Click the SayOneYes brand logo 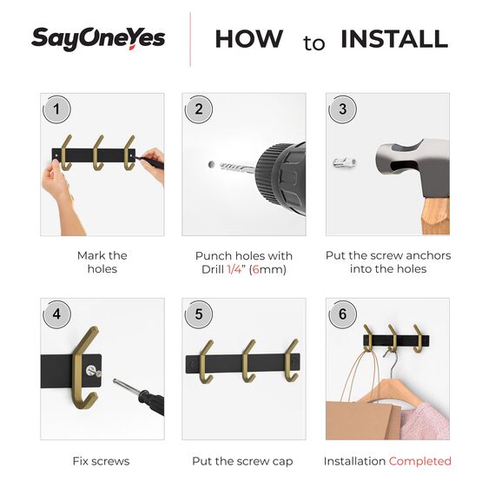pos(98,39)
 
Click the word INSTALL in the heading pos(394,39)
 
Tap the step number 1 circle pos(56,109)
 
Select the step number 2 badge pos(199,109)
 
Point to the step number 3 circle pos(342,109)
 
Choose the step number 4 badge pos(56,314)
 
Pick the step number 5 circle pos(199,314)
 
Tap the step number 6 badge pos(342,314)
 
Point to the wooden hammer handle pos(436,216)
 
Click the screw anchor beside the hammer pos(345,163)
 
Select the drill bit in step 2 pos(237,168)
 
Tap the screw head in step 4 pos(91,370)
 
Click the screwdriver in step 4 pos(139,396)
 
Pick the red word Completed pos(419,461)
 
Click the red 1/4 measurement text pos(234,269)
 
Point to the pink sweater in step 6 pos(425,421)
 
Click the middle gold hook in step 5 pos(249,362)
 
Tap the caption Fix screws pos(101,461)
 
